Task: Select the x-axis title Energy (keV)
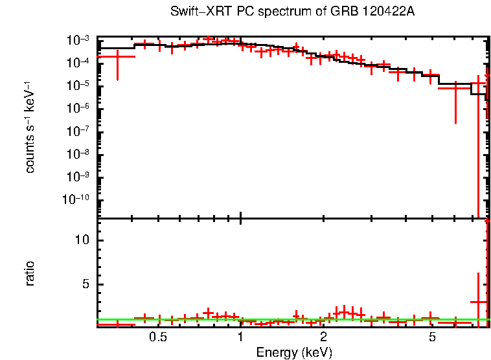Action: point(294,352)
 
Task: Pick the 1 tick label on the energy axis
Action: point(240,337)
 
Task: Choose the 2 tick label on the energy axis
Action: point(323,337)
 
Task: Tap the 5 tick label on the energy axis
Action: point(432,337)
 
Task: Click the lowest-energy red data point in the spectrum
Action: point(117,57)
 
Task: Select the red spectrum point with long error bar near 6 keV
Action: point(456,87)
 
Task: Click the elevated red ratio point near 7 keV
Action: point(478,302)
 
